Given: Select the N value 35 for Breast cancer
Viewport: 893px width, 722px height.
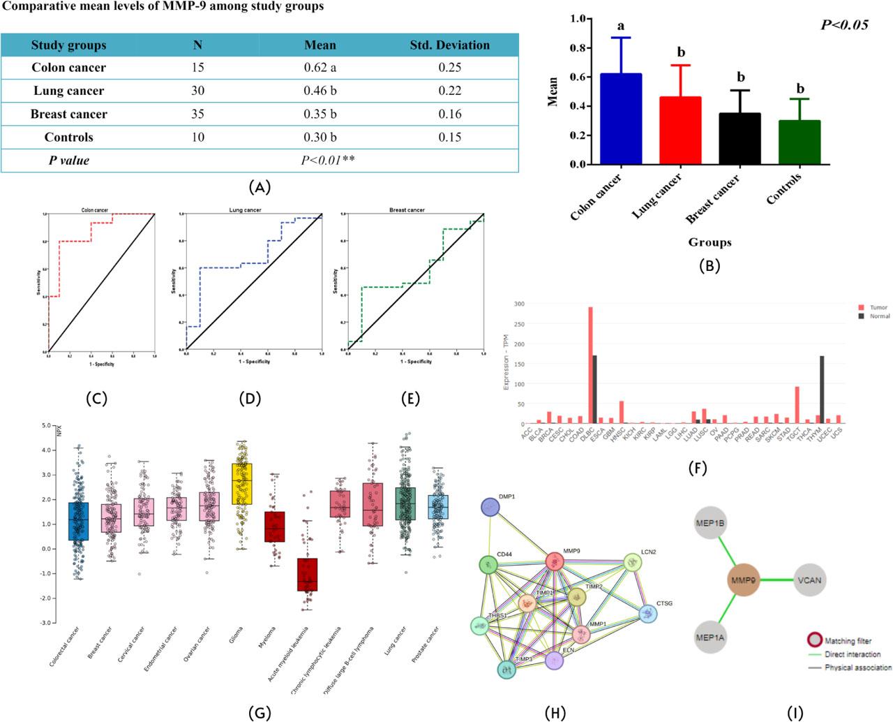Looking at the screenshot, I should click(197, 114).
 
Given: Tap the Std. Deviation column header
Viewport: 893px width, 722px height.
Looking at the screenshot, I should click(449, 45).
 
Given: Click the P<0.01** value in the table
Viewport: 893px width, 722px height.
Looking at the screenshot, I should click(328, 161).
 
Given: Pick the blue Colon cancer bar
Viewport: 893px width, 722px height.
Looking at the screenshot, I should click(621, 119).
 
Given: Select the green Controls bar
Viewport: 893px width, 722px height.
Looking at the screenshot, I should click(800, 142).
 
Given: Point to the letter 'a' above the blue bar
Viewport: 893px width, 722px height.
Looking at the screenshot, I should click(620, 27).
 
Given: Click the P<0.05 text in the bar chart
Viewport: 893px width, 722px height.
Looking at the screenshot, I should click(844, 25).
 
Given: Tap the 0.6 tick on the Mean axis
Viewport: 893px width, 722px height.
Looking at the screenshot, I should click(576, 77).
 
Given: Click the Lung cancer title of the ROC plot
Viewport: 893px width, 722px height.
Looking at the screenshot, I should click(246, 209).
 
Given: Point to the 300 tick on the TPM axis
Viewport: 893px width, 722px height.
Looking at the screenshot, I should click(518, 304).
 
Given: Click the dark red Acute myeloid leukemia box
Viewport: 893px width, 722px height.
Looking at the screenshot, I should click(307, 574).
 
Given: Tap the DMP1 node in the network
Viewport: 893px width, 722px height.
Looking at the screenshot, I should click(490, 508).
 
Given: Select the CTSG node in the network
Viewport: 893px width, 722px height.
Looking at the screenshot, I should click(648, 614).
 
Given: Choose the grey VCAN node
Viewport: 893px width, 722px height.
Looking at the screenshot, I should click(810, 580).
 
